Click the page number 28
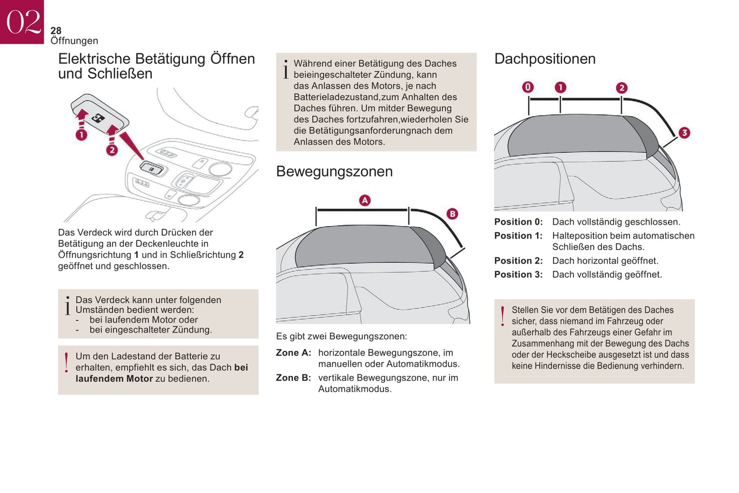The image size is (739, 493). click(x=56, y=31)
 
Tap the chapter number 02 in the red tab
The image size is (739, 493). click(x=23, y=22)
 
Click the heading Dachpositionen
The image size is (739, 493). click(x=545, y=59)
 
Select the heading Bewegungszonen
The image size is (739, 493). click(x=334, y=171)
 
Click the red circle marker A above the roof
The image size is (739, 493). click(x=365, y=200)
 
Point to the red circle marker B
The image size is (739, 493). click(x=452, y=214)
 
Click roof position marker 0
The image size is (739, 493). click(x=528, y=87)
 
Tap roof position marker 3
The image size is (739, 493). click(x=684, y=133)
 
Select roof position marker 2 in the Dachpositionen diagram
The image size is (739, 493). click(x=621, y=88)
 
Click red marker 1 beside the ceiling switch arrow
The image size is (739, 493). click(x=81, y=135)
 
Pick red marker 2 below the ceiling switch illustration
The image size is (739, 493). click(x=111, y=150)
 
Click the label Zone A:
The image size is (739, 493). click(x=294, y=353)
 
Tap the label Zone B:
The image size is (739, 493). click(x=294, y=378)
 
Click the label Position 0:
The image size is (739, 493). click(x=518, y=222)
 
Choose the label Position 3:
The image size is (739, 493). click(x=518, y=275)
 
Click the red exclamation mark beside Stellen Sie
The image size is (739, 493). click(x=503, y=316)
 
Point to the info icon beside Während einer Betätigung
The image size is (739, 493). click(x=285, y=70)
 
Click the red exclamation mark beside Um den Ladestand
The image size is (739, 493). click(x=66, y=362)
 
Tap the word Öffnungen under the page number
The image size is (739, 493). click(x=74, y=41)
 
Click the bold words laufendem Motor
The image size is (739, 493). click(x=114, y=379)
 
